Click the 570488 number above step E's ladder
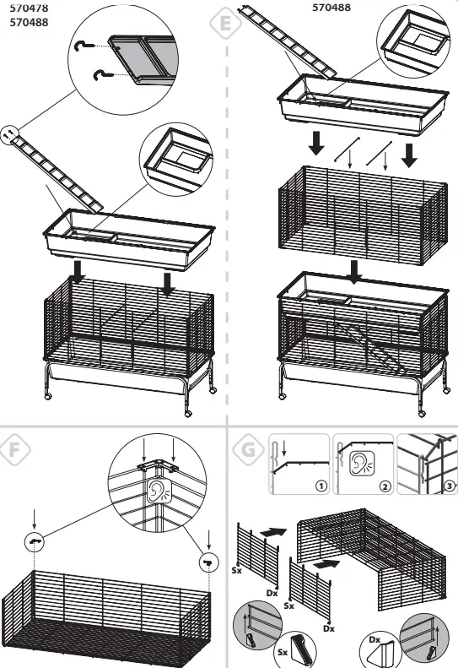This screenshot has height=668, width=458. point(333,7)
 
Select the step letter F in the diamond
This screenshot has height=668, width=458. point(13,448)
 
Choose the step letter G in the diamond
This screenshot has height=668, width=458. point(245,448)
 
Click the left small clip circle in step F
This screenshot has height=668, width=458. point(35,541)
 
